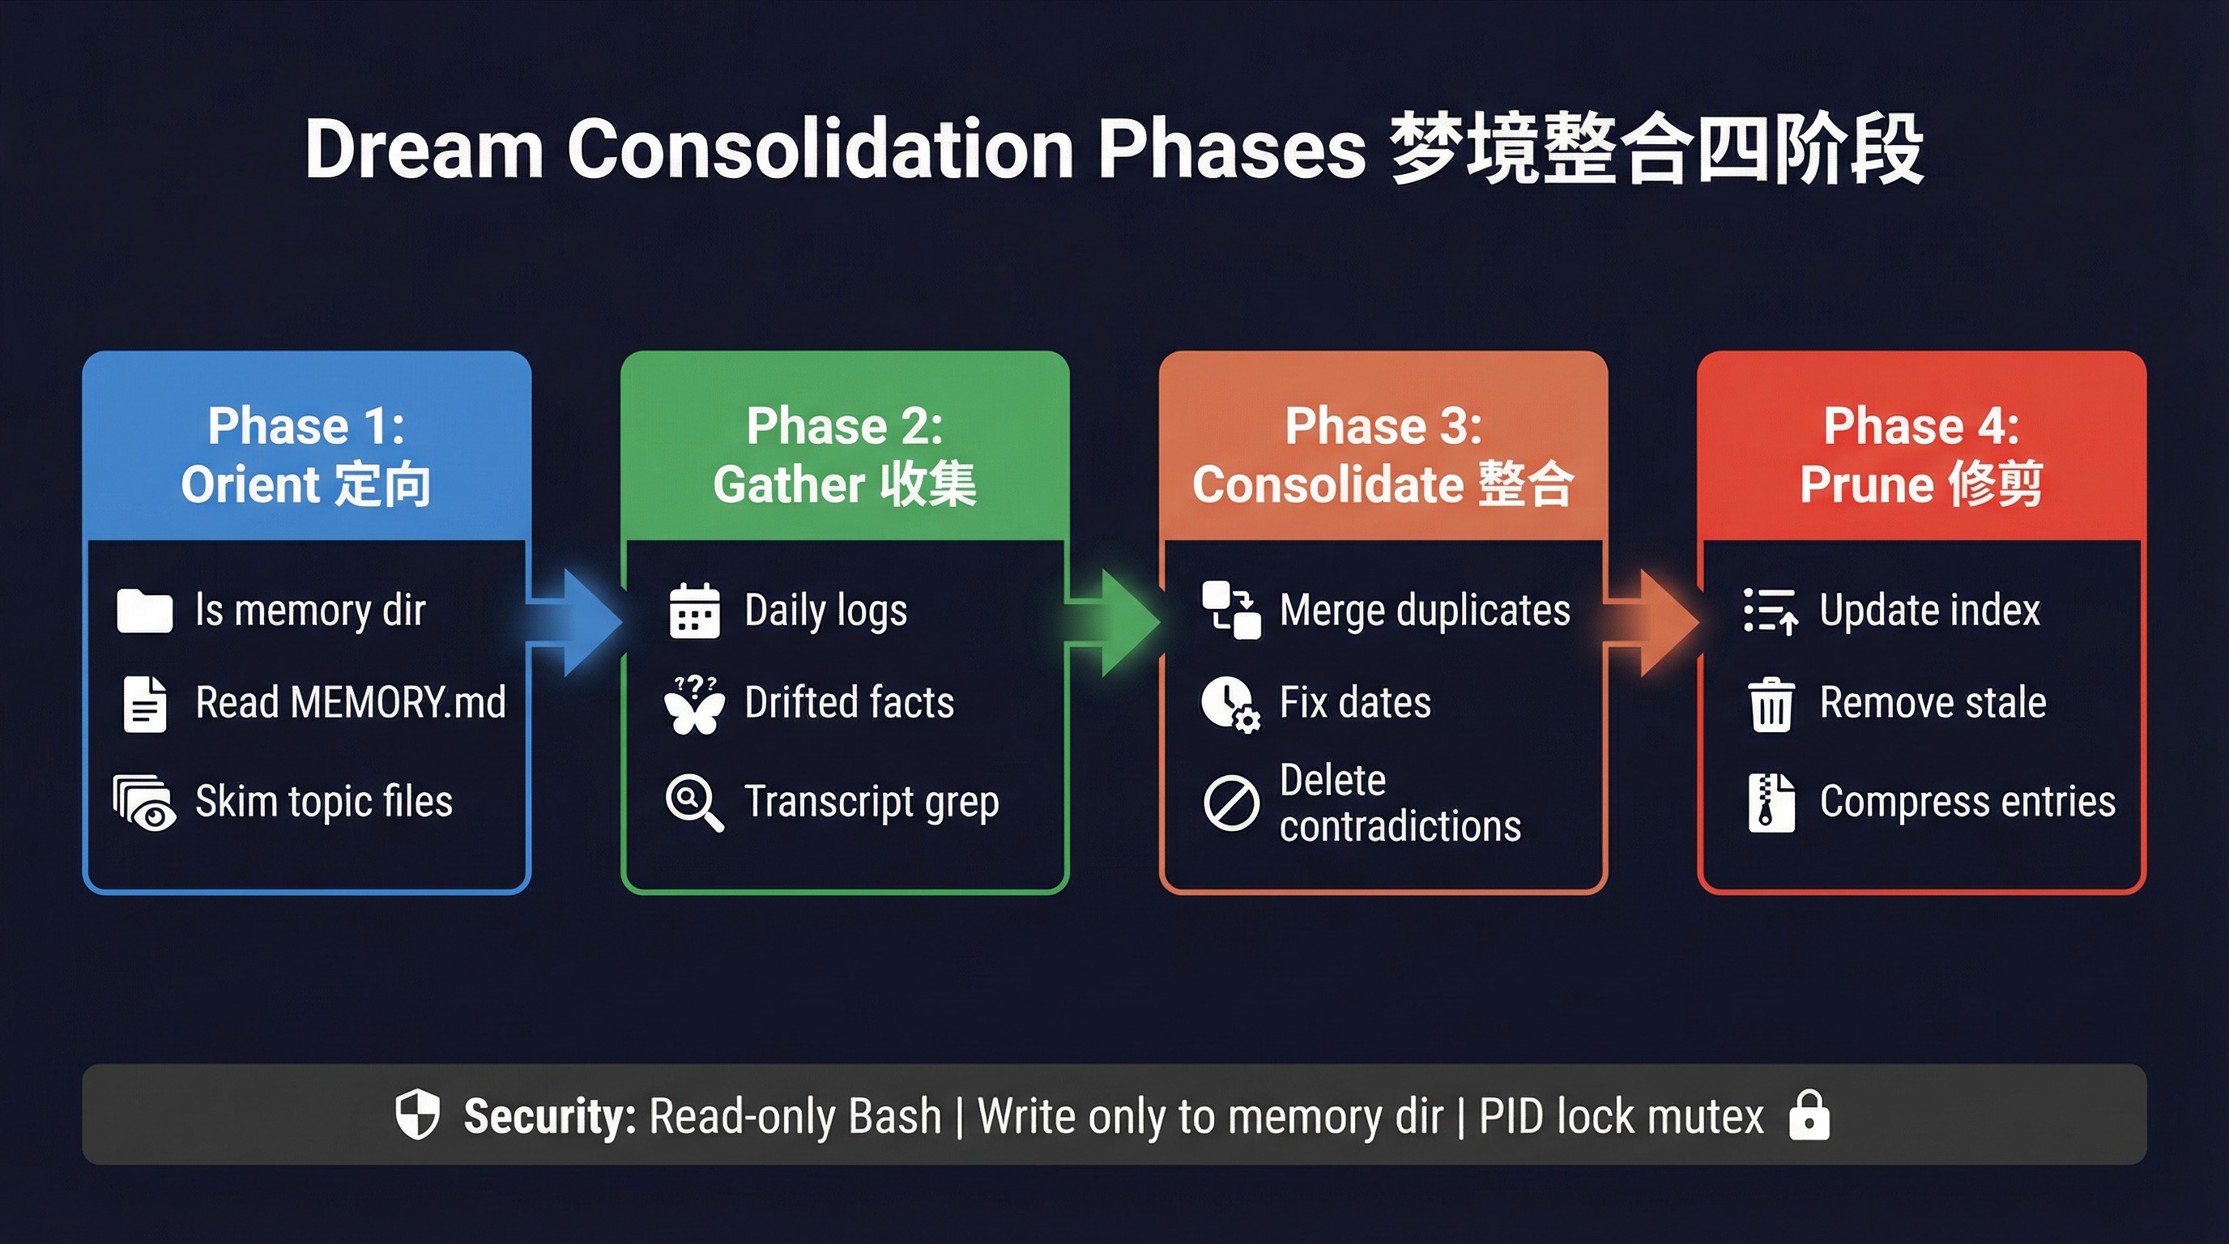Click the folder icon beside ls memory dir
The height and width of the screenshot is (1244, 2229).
[x=144, y=611]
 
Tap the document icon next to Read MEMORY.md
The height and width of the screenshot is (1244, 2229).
[x=144, y=704]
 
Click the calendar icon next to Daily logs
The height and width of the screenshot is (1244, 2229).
[x=694, y=611]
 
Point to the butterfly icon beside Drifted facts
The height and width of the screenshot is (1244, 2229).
[x=694, y=705]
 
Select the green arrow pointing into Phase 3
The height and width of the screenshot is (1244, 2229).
[x=1114, y=622]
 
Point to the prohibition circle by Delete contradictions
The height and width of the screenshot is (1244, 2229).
[x=1230, y=803]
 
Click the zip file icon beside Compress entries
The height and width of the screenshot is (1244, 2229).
[x=1771, y=803]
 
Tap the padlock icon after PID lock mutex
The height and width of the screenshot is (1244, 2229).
[x=1809, y=1115]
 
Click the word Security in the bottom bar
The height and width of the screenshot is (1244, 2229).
[x=549, y=1116]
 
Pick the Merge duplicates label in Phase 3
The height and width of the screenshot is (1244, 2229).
[x=1424, y=610]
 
